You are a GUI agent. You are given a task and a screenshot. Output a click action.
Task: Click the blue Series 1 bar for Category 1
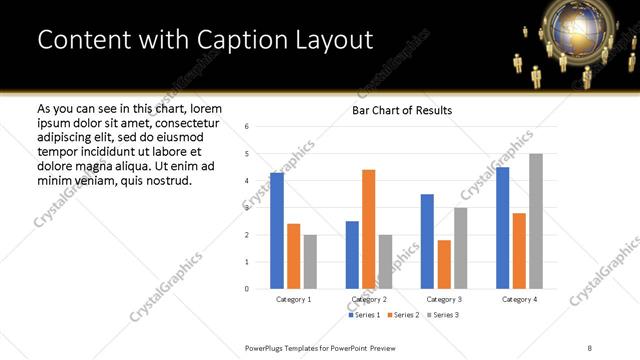pyautogui.click(x=277, y=231)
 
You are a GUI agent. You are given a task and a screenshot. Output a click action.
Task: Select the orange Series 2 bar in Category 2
pyautogui.click(x=369, y=229)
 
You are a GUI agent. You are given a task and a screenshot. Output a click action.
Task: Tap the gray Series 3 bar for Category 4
pyautogui.click(x=536, y=221)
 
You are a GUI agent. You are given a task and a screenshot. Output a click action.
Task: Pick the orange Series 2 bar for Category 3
pyautogui.click(x=444, y=264)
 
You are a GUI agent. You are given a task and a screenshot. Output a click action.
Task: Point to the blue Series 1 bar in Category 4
pyautogui.click(x=502, y=228)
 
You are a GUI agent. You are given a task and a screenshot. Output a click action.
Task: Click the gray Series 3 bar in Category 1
pyautogui.click(x=311, y=262)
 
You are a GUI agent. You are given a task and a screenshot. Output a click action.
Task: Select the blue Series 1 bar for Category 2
pyautogui.click(x=352, y=255)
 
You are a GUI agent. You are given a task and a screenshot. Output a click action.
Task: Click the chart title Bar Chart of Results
pyautogui.click(x=402, y=110)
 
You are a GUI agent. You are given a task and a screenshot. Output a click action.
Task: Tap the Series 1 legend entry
pyautogui.click(x=364, y=315)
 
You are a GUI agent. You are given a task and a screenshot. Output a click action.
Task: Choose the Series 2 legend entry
pyautogui.click(x=403, y=315)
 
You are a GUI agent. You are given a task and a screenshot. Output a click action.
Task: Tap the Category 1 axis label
pyautogui.click(x=294, y=299)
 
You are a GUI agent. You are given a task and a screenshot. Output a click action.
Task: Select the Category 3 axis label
pyautogui.click(x=444, y=299)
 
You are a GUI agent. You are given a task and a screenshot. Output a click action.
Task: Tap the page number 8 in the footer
pyautogui.click(x=589, y=346)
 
